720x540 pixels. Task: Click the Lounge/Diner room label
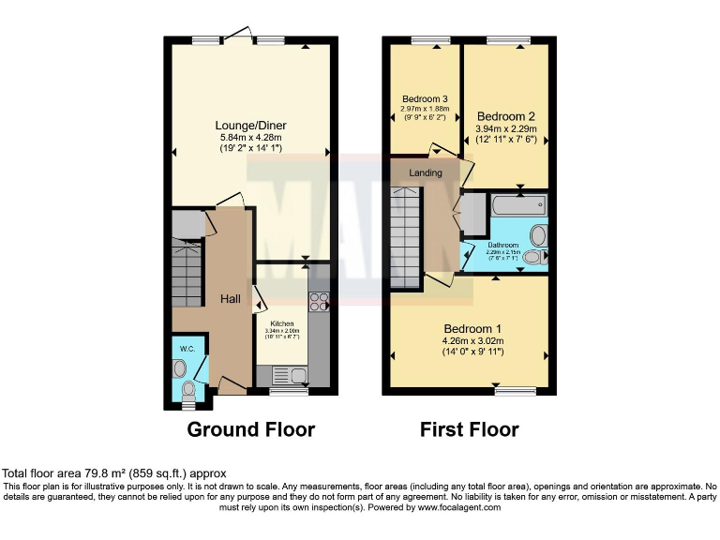point(250,126)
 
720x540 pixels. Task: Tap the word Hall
point(231,299)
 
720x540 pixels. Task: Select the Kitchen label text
point(281,323)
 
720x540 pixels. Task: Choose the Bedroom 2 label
point(505,116)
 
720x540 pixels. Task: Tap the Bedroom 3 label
point(425,99)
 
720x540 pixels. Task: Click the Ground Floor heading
point(250,430)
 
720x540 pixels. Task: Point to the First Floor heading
point(470,430)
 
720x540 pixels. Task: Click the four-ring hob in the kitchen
point(318,302)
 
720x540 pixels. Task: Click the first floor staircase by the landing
point(406,236)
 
